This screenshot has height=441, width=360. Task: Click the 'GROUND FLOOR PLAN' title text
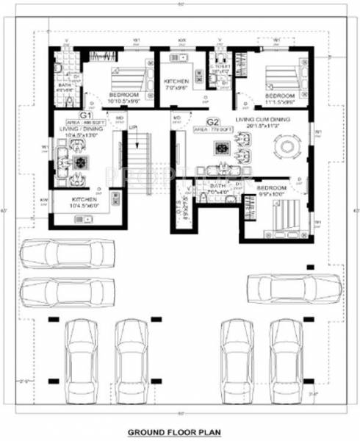pyautogui.click(x=179, y=433)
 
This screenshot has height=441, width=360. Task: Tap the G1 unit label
pyautogui.click(x=85, y=116)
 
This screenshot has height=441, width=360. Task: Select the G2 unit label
pyautogui.click(x=213, y=121)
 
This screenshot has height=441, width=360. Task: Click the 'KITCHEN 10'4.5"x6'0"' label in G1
pyautogui.click(x=86, y=202)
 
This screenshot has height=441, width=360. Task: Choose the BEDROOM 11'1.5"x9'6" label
pyautogui.click(x=280, y=98)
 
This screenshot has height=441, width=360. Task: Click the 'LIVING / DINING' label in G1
pyautogui.click(x=83, y=129)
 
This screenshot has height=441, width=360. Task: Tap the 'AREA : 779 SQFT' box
pyautogui.click(x=213, y=129)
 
